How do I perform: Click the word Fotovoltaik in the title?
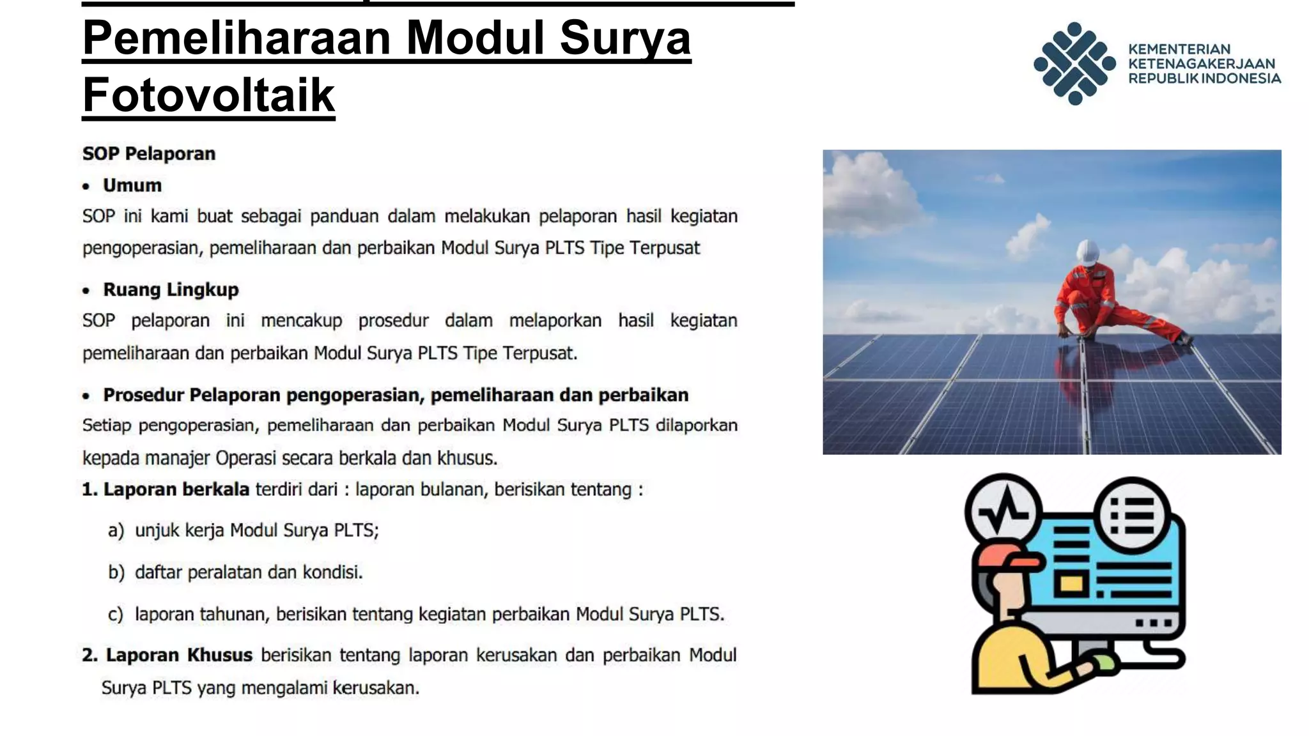(208, 95)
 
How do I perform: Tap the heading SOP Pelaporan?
(149, 154)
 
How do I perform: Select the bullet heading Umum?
(132, 185)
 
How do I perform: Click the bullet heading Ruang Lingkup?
(171, 289)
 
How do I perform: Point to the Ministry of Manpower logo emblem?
(1074, 63)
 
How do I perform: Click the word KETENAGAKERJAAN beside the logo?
(1201, 64)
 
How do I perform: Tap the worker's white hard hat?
(1087, 251)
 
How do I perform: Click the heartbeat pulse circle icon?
(1003, 511)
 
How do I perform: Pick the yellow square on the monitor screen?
(1072, 583)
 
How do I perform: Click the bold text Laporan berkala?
(176, 489)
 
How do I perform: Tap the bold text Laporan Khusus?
(179, 655)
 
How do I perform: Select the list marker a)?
(116, 530)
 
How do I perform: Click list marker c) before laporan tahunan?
(116, 614)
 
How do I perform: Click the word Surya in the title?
(625, 38)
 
